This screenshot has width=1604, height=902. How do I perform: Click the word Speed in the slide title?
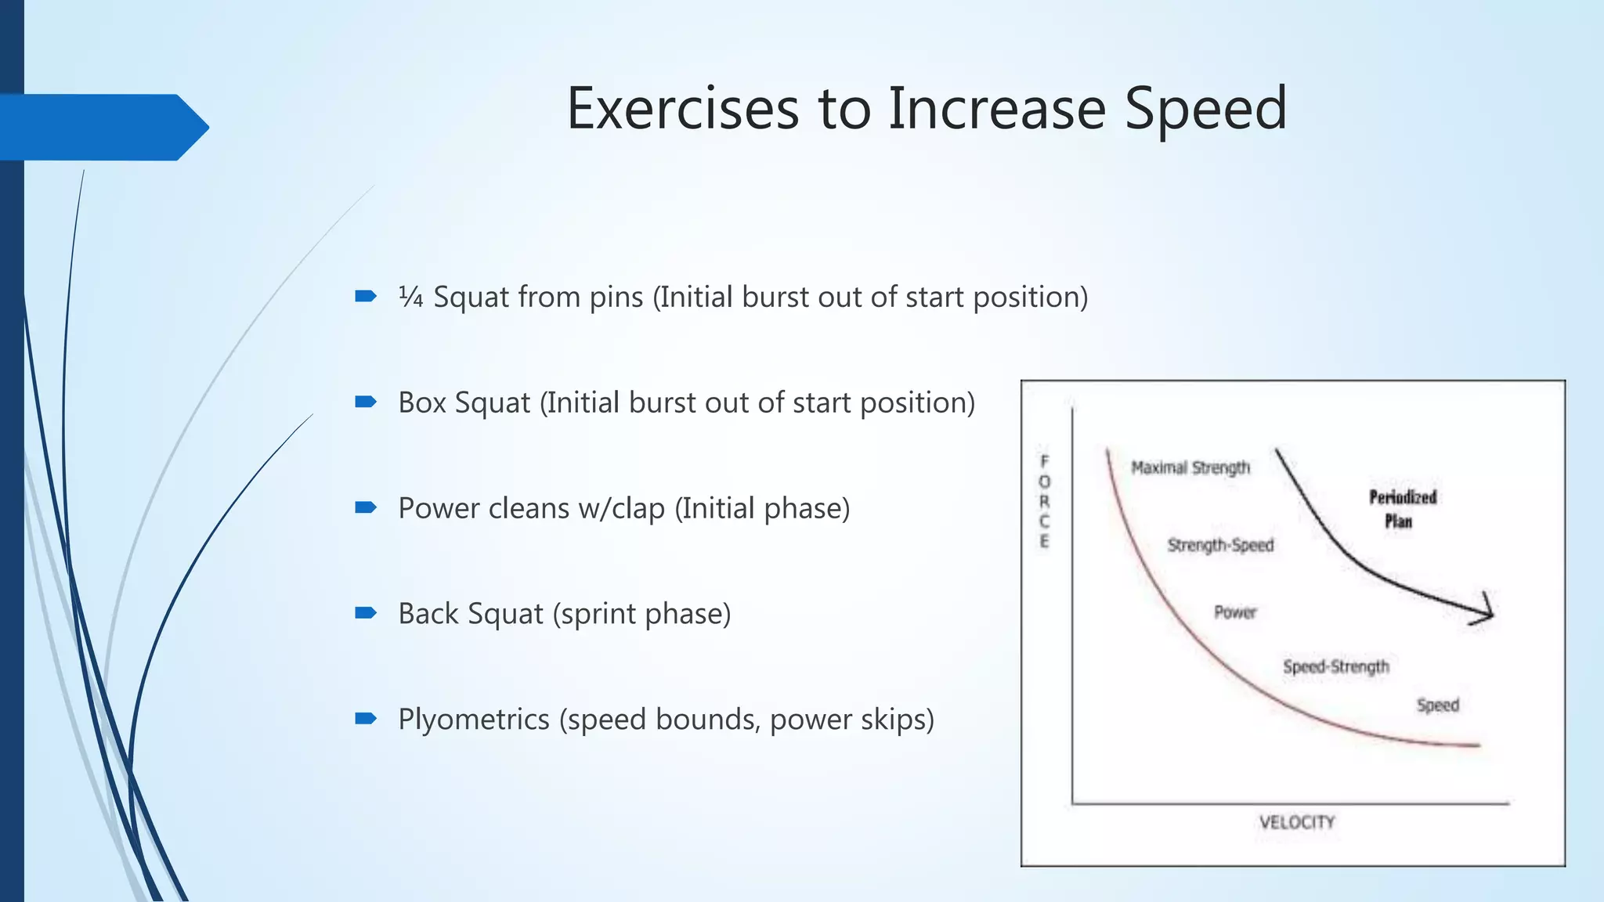point(1205,109)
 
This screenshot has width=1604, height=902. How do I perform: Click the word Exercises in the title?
point(682,109)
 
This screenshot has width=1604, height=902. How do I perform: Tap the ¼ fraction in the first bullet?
point(410,297)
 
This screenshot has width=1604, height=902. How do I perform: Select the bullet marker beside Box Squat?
point(366,402)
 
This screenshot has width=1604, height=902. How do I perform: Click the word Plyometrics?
point(474,719)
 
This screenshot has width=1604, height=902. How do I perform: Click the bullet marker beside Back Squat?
point(366,613)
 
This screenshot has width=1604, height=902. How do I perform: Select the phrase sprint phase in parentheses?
point(641,614)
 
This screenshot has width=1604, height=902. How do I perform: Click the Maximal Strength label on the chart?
point(1190,467)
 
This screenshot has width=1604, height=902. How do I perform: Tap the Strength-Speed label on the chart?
point(1220,545)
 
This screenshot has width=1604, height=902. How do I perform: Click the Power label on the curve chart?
point(1234,612)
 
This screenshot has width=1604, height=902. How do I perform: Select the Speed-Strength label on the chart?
point(1335,666)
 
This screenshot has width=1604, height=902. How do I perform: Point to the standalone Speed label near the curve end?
point(1437,705)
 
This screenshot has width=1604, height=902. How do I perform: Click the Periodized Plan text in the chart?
point(1401,509)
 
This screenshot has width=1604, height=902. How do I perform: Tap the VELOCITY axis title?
point(1296,822)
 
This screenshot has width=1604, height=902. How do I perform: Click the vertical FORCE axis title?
point(1044,501)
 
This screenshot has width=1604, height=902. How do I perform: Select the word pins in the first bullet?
point(616,298)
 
